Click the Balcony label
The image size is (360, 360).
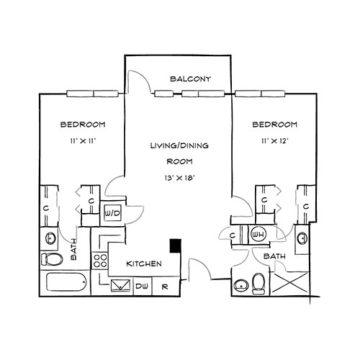tap(191, 78)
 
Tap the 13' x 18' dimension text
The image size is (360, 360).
tap(179, 178)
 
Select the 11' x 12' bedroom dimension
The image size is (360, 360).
tap(275, 141)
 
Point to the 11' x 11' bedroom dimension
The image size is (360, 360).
tap(83, 141)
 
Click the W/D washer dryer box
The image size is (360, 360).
tap(112, 213)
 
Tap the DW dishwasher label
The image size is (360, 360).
tap(142, 286)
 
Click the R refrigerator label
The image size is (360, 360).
tap(165, 287)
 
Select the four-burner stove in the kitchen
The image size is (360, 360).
tap(100, 261)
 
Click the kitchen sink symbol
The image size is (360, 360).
tap(120, 285)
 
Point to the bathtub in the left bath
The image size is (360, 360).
tap(66, 282)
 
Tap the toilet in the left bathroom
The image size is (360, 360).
tap(52, 259)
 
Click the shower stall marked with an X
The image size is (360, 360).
tap(290, 282)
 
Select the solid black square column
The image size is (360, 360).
tap(176, 246)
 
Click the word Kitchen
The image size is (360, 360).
tap(144, 264)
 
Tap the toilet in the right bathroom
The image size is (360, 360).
tap(258, 284)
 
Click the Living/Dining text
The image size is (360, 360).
tap(179, 145)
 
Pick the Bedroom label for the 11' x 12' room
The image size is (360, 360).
tap(275, 125)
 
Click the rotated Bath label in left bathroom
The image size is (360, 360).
tap(73, 249)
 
